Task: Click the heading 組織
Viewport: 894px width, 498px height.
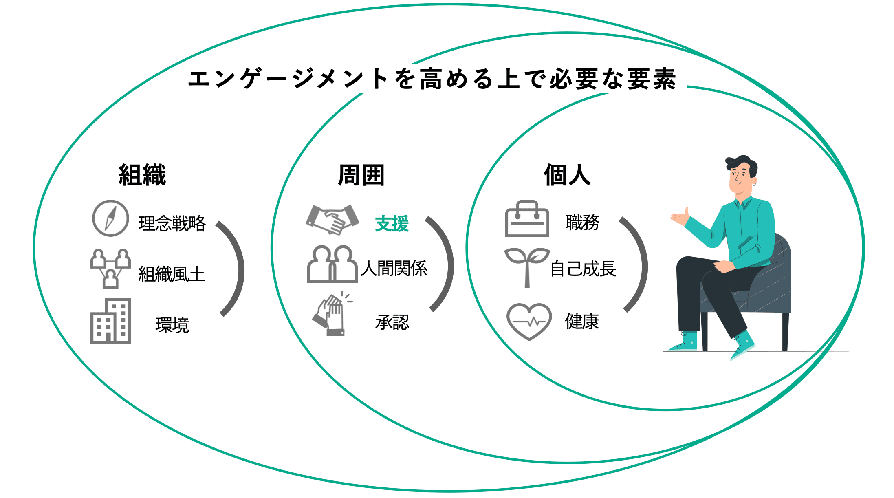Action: point(142,175)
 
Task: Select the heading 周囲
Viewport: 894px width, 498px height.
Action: point(361,175)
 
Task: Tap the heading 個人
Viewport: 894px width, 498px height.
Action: point(567,175)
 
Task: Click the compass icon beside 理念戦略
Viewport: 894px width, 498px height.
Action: point(110,218)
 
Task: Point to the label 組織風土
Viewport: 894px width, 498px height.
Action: point(172,274)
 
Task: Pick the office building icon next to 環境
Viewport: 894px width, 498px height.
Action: point(110,321)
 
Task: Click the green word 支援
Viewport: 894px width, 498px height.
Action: point(392,224)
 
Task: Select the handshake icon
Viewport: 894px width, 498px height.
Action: point(332,220)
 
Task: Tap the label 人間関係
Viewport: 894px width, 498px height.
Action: point(394,269)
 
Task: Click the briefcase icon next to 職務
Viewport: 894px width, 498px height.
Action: point(527,219)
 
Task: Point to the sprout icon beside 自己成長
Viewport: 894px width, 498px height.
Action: point(527,266)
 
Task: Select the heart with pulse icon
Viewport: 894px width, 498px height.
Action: point(529,322)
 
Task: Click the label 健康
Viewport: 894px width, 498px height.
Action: point(582,322)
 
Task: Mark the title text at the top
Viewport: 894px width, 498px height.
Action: point(432,79)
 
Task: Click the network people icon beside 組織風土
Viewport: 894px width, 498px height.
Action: point(110,269)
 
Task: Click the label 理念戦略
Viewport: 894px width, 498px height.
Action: point(172,224)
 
